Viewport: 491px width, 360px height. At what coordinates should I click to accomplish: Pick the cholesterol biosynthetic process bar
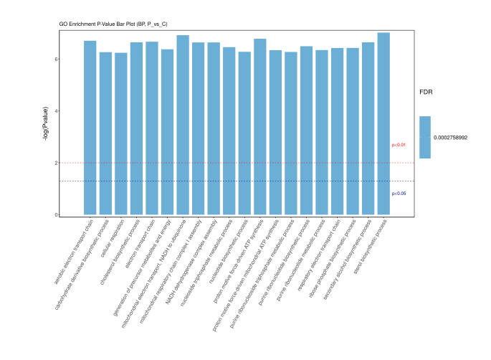tap(136, 128)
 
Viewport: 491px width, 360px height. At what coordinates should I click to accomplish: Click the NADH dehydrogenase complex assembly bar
tap(214, 128)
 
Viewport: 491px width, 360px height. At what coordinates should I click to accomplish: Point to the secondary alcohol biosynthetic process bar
tap(368, 128)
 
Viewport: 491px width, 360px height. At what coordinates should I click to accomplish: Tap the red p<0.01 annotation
tap(399, 145)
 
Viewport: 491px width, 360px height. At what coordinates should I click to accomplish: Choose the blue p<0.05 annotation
tap(399, 194)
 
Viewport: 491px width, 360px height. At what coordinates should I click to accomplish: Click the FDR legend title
tap(426, 93)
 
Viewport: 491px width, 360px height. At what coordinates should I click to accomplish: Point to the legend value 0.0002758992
tap(450, 137)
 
